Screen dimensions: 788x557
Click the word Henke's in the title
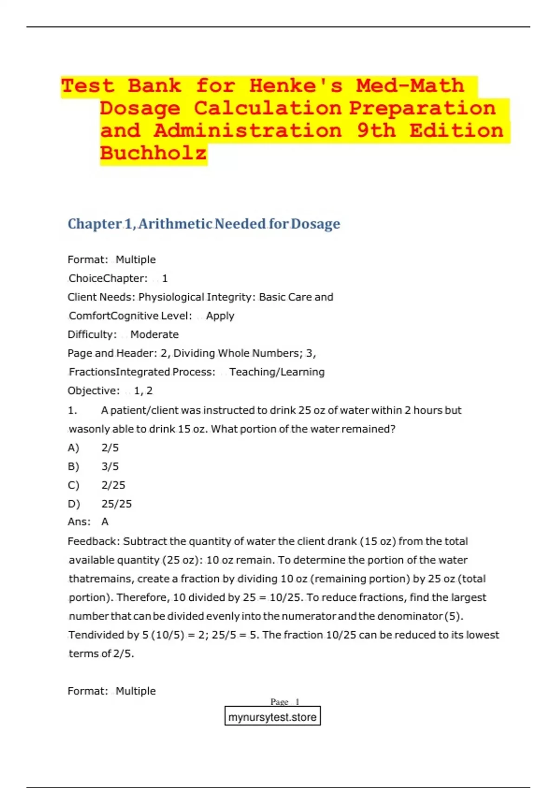296,86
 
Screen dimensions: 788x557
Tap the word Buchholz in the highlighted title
153,153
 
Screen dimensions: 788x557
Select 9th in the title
376,131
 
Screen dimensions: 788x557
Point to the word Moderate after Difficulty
154,335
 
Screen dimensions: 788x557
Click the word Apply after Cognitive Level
220,316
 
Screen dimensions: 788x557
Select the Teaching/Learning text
277,372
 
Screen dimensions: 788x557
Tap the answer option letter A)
73,448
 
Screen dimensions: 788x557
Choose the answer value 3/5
110,467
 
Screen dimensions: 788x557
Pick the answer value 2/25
113,485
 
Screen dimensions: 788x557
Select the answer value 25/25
117,504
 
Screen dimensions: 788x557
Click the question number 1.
72,411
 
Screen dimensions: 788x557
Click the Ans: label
79,522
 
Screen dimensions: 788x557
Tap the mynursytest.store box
272,717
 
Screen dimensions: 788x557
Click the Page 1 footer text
285,702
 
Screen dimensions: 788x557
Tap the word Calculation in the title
268,108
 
